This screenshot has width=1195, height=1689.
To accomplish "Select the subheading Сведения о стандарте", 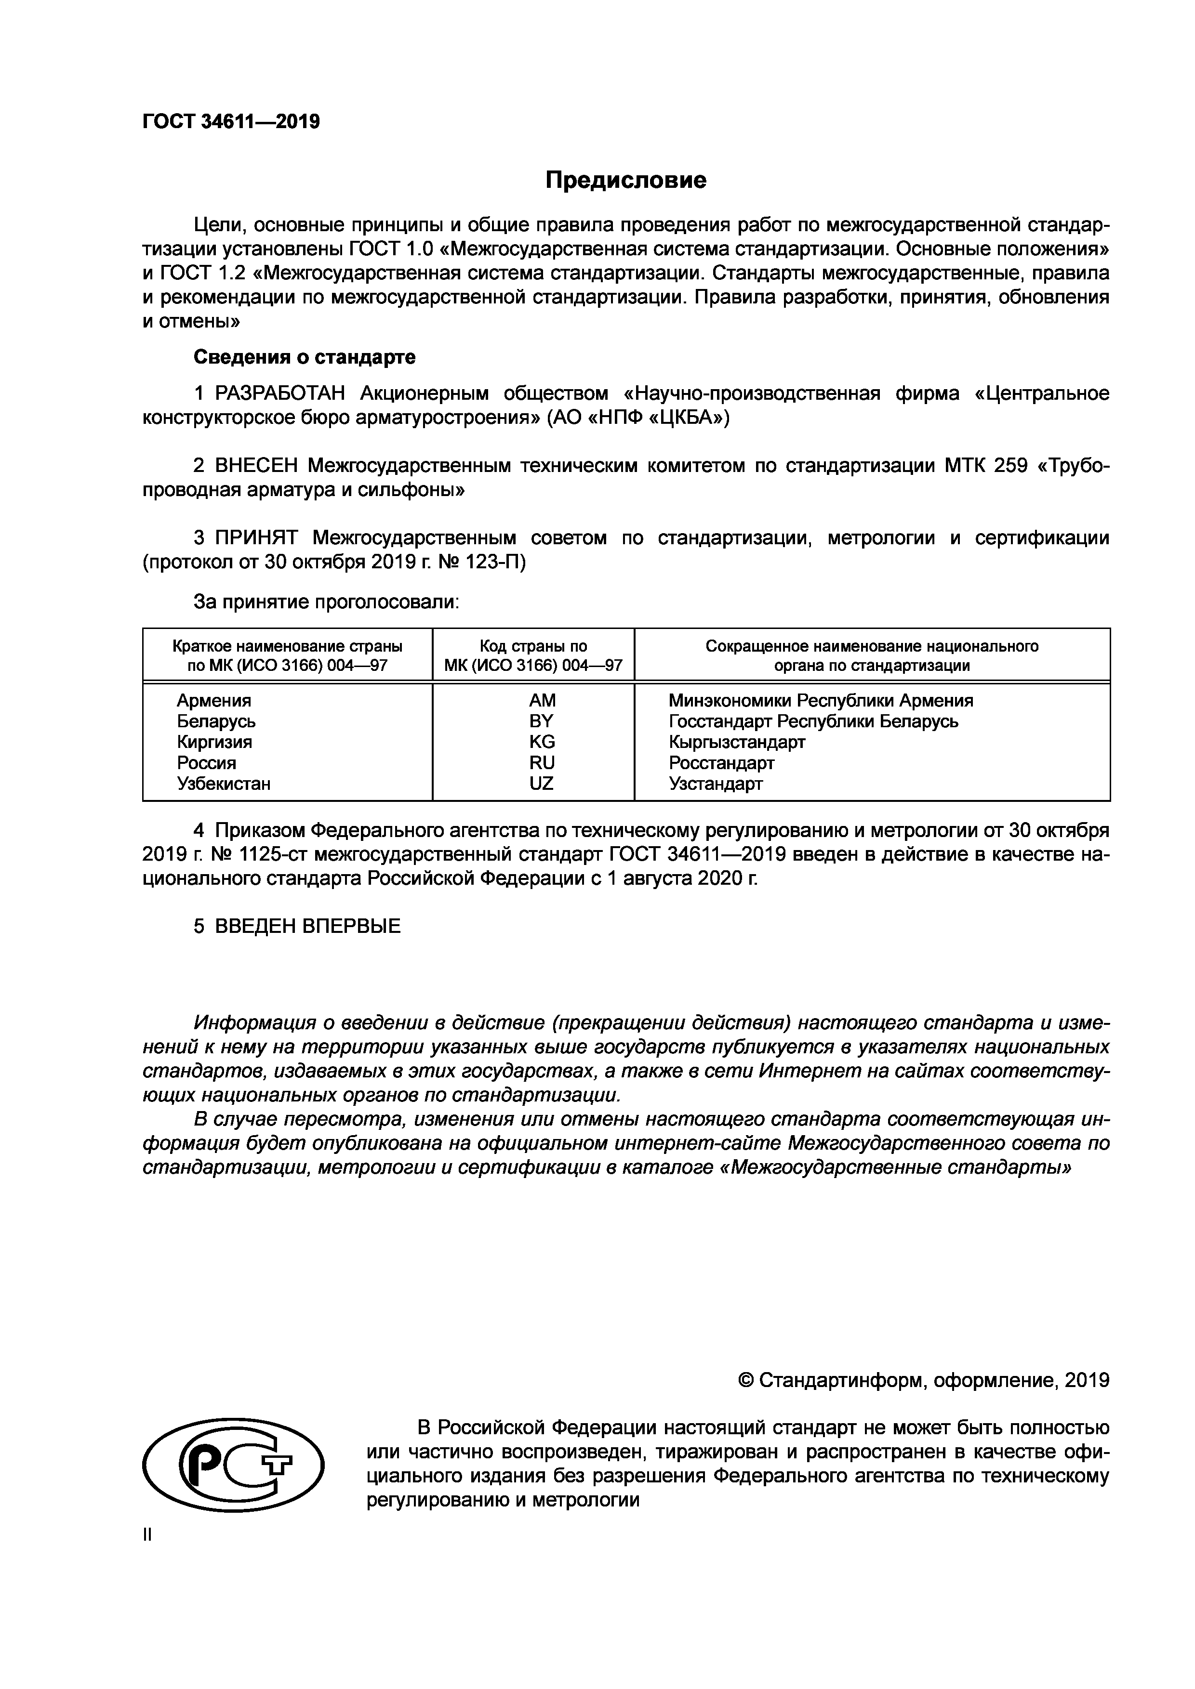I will click(x=304, y=357).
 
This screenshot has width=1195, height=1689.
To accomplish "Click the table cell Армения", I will click(x=213, y=700).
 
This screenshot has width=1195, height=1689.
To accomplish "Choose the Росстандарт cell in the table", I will click(x=721, y=763).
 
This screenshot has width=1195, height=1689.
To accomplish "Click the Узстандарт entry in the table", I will click(x=715, y=784).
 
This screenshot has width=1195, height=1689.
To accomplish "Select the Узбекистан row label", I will click(x=224, y=784).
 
